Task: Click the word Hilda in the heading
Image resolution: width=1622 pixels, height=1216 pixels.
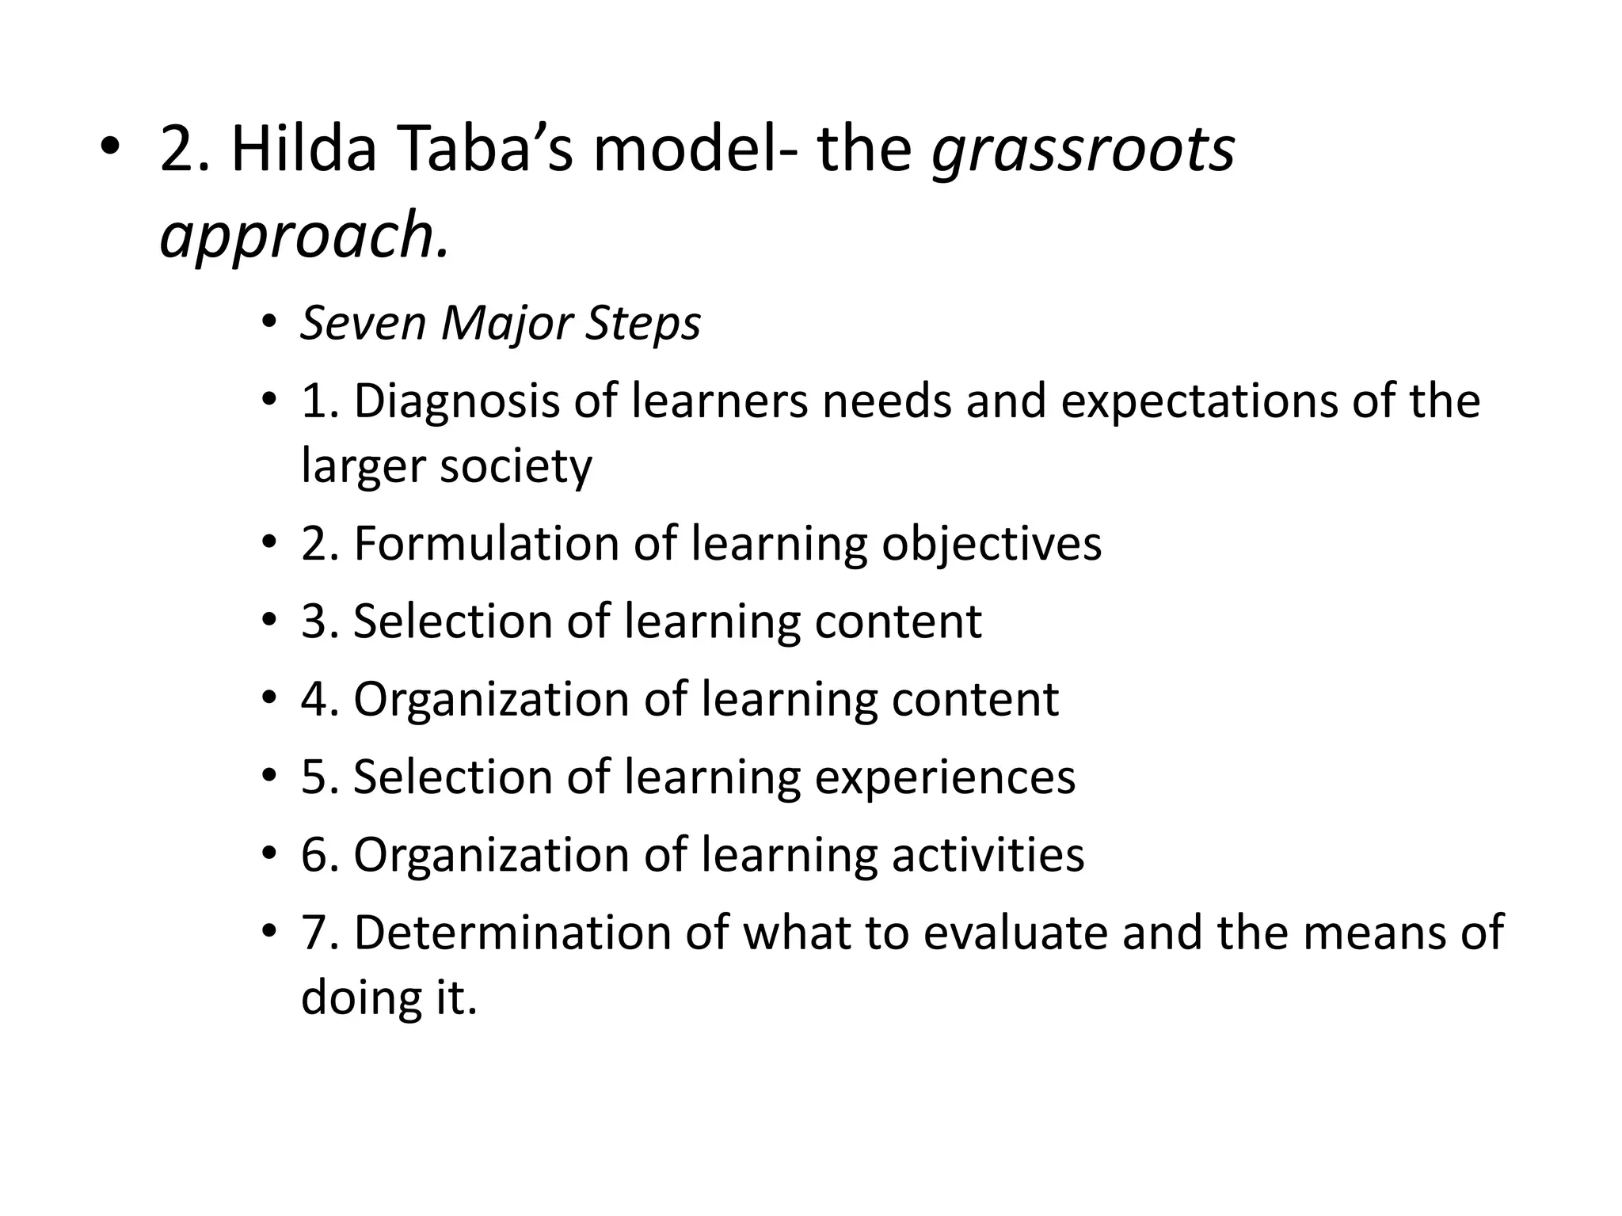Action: (x=303, y=150)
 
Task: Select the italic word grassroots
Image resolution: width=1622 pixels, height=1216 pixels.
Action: (x=1083, y=150)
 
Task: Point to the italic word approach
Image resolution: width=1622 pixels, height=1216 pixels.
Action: (x=304, y=236)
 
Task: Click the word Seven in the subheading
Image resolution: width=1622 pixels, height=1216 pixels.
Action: (x=364, y=323)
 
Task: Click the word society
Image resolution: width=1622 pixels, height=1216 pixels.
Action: (x=516, y=465)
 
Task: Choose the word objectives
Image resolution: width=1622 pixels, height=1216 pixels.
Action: (x=991, y=544)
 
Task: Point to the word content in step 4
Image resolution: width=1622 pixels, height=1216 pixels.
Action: (x=975, y=699)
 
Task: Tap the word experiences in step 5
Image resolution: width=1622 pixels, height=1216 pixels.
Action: (x=945, y=777)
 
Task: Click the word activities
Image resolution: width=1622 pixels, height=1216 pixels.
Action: (x=988, y=855)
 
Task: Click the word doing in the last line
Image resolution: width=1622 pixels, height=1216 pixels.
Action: (x=357, y=997)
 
